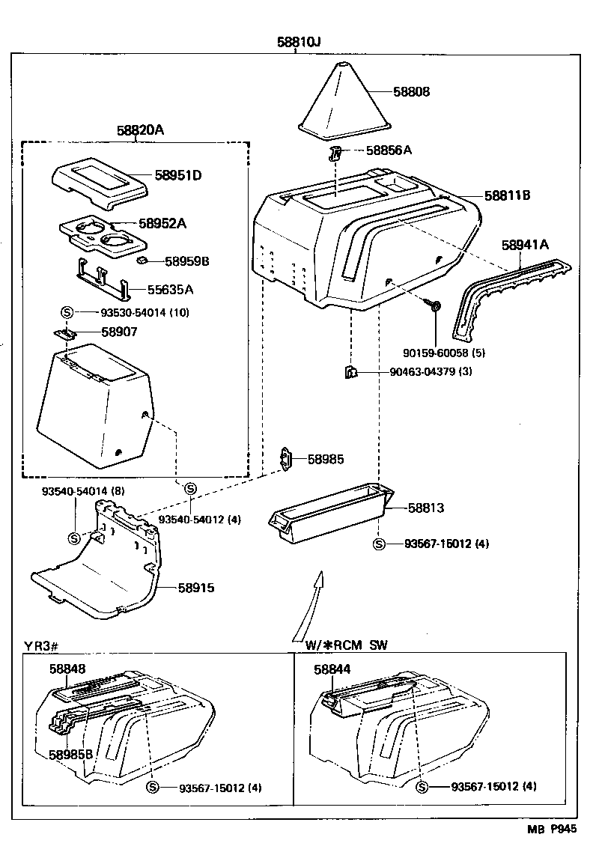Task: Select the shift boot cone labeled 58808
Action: (x=344, y=101)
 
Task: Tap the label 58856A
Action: (x=389, y=150)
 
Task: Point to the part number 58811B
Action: (x=507, y=196)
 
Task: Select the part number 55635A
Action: (x=168, y=289)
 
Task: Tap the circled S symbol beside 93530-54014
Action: (x=66, y=312)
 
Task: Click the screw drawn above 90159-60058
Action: (x=435, y=305)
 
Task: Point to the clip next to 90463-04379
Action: (x=350, y=372)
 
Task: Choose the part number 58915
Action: (x=196, y=588)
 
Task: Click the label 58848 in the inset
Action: (x=67, y=669)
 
